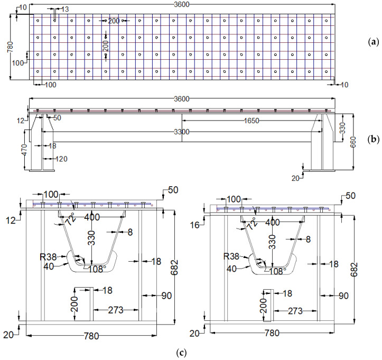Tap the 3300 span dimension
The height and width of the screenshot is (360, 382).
pos(181,131)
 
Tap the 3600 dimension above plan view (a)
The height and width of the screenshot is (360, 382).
pos(181,4)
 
